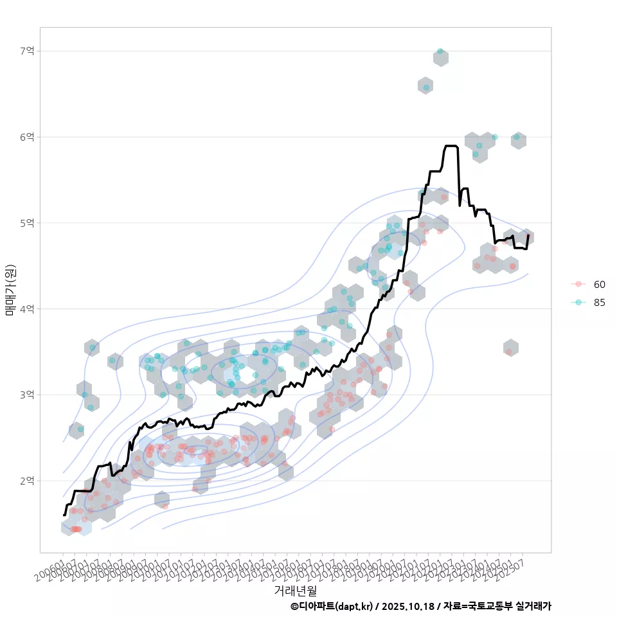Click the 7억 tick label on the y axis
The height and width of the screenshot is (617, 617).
coord(27,51)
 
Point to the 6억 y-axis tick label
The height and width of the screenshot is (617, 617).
coord(27,137)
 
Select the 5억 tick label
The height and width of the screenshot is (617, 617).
coord(27,223)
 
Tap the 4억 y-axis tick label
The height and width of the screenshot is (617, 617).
coord(27,309)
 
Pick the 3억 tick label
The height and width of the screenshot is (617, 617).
coord(27,395)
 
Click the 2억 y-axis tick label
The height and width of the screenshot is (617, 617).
coord(27,481)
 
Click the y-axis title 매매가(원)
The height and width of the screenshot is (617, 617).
coord(10,289)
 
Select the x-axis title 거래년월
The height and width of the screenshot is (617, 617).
coord(295,590)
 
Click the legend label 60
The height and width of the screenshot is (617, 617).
coord(600,284)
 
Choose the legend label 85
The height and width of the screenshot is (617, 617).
coord(600,303)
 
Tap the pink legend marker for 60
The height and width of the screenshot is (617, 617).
coord(578,284)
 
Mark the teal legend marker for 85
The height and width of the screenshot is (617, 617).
coord(578,303)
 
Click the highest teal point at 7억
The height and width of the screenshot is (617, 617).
coord(440,51)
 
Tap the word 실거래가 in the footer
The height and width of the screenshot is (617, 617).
coord(533,606)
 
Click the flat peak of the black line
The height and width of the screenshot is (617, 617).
coord(451,146)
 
